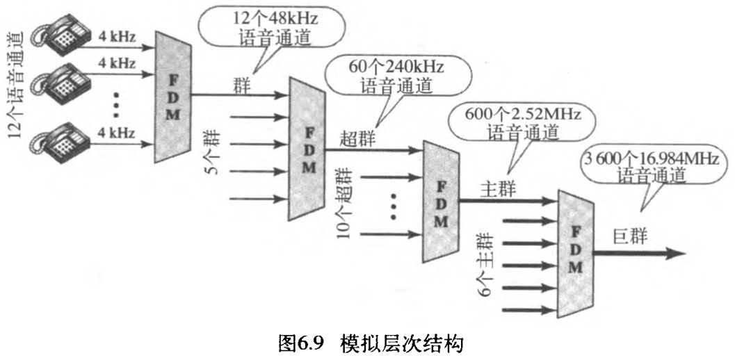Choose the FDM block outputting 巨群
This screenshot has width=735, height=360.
pyautogui.click(x=576, y=249)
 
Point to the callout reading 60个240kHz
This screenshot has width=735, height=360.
pyautogui.click(x=395, y=76)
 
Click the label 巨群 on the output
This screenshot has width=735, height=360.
pyautogui.click(x=630, y=236)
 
